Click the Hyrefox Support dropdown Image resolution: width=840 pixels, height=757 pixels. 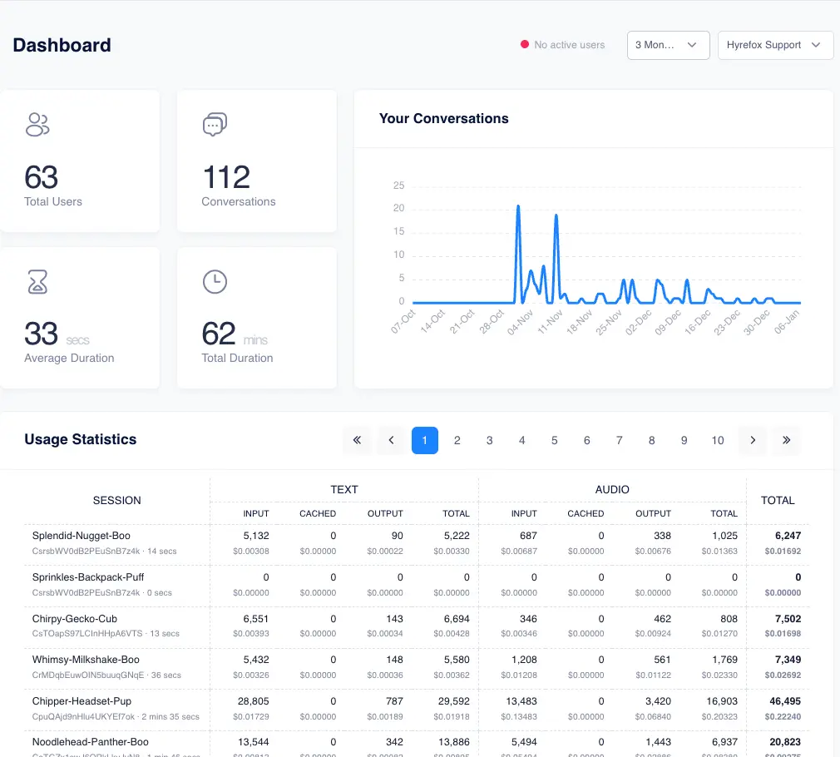pyautogui.click(x=775, y=45)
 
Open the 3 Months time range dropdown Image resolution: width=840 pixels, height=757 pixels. pyautogui.click(x=667, y=45)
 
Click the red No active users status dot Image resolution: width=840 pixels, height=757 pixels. pyautogui.click(x=524, y=45)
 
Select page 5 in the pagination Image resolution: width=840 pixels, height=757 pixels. pyautogui.click(x=555, y=440)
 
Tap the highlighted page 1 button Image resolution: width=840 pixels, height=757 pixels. pyautogui.click(x=424, y=440)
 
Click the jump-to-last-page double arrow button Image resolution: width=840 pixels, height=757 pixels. pyautogui.click(x=786, y=440)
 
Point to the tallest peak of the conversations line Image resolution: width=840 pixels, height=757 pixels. pyautogui.click(x=517, y=205)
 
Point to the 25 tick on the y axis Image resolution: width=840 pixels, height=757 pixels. pyautogui.click(x=398, y=186)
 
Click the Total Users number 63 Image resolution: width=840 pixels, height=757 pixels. pyautogui.click(x=42, y=177)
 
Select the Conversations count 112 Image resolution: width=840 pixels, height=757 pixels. pyautogui.click(x=226, y=177)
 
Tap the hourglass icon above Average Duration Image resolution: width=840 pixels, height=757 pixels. pyautogui.click(x=37, y=282)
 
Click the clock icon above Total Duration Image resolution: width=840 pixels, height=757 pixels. pyautogui.click(x=215, y=282)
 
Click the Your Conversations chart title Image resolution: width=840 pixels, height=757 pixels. pyautogui.click(x=443, y=118)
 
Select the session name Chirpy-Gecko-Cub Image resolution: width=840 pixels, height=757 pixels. pyautogui.click(x=74, y=618)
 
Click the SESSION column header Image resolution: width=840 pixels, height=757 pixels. pyautogui.click(x=116, y=500)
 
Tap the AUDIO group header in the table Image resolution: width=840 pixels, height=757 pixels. pyautogui.click(x=612, y=489)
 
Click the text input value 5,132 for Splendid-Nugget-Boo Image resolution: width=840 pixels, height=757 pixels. pyautogui.click(x=255, y=536)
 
